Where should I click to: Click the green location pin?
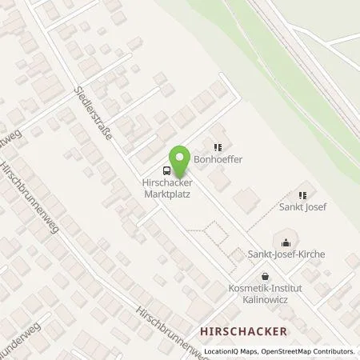tap(181, 160)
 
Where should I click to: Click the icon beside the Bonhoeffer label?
tap(217, 146)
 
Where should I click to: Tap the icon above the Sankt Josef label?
tap(302, 194)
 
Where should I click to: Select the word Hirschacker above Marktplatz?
tap(169, 182)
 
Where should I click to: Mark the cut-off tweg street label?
tap(11, 131)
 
